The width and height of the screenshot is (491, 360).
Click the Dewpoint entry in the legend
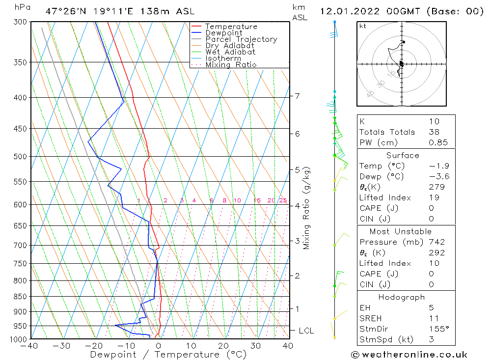[223, 33]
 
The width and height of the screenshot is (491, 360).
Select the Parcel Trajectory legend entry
[241, 39]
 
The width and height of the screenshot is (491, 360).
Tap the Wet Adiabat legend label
[230, 52]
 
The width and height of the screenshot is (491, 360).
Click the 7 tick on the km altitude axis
[297, 96]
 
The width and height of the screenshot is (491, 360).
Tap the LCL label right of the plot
[306, 331]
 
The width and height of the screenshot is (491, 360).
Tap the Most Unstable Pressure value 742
[436, 242]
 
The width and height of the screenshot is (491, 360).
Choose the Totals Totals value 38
[434, 132]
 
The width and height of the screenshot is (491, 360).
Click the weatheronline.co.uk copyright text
[409, 355]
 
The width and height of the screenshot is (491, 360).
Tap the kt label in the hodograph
[363, 26]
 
